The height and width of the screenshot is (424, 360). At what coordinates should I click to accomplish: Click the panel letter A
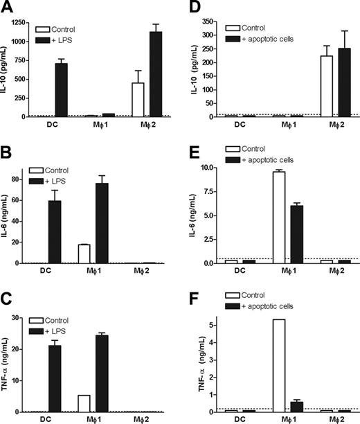[10, 8]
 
